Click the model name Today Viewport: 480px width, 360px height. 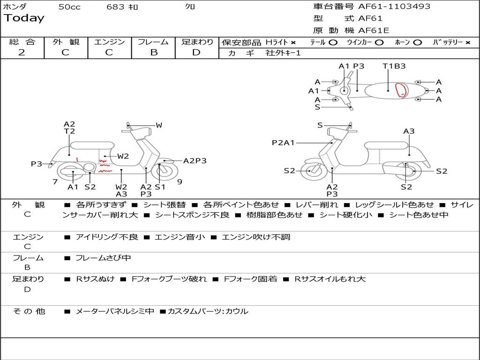(x=24, y=18)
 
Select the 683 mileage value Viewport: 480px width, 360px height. (x=115, y=7)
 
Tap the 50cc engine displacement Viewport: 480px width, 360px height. (x=69, y=7)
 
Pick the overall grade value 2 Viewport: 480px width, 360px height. (x=22, y=52)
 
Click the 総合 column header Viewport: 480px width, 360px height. (x=22, y=42)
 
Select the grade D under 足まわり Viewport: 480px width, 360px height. (x=196, y=52)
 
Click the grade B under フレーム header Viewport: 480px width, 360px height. (x=153, y=52)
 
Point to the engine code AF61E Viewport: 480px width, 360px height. (x=374, y=31)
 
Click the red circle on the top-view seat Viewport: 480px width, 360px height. (x=400, y=90)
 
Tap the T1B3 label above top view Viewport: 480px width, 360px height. (x=394, y=66)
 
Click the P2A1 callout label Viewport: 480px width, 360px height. (x=283, y=142)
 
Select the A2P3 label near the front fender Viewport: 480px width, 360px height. (x=195, y=161)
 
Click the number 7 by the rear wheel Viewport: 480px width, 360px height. (x=55, y=181)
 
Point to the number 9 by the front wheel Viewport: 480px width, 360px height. (x=180, y=181)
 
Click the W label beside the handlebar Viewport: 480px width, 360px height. (x=159, y=125)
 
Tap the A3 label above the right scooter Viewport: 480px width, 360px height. (x=409, y=131)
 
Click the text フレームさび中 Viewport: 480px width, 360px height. (x=103, y=258)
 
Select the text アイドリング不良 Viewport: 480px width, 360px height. (x=107, y=237)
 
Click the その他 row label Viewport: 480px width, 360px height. (x=29, y=311)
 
